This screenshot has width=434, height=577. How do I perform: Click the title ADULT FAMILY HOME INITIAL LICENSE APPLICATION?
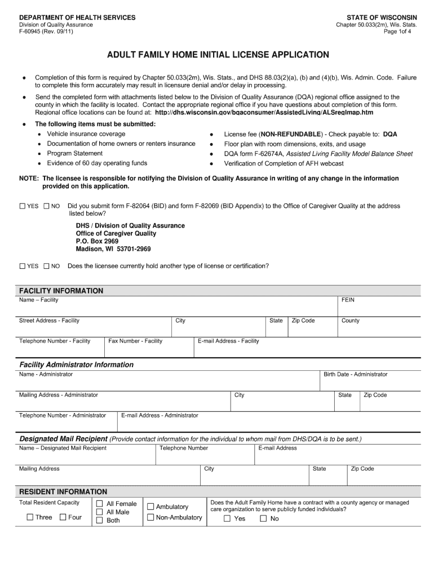tap(218, 55)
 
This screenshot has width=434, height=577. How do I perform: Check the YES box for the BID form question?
tap(23, 206)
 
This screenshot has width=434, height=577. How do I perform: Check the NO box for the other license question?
tap(47, 266)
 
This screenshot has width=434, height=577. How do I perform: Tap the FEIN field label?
tap(348, 300)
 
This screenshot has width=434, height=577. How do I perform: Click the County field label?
tap(350, 321)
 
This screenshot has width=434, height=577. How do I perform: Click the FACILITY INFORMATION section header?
tap(61, 291)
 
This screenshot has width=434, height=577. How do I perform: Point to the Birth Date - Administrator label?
tap(355, 374)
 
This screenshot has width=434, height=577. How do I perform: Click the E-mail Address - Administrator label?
tap(160, 415)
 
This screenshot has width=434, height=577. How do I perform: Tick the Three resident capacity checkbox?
tap(30, 517)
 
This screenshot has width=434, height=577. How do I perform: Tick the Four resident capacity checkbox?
tap(63, 517)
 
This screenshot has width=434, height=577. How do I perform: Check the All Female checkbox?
tap(99, 504)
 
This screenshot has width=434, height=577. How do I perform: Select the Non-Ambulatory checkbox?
tap(150, 517)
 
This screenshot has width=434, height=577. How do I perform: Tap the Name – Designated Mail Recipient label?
tap(63, 448)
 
